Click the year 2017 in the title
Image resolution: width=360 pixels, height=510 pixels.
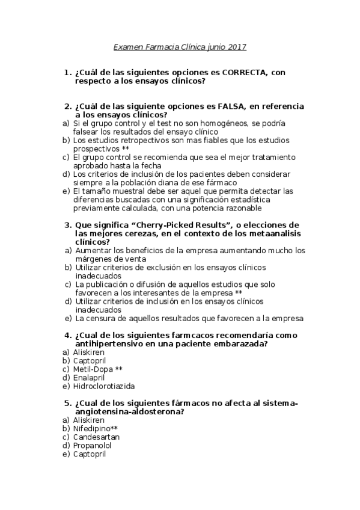[236, 46]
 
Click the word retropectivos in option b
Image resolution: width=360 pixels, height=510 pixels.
[124, 140]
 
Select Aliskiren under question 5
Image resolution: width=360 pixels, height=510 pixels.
[88, 420]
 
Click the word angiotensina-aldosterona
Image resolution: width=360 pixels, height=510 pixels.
[129, 411]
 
